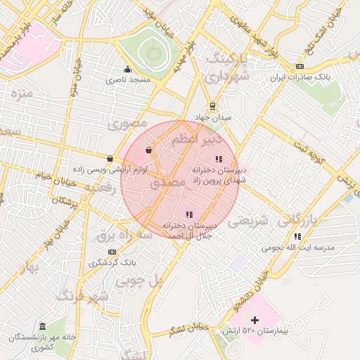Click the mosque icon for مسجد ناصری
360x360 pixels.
pyautogui.click(x=127, y=69)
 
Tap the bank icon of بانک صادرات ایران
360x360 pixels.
pyautogui.click(x=300, y=65)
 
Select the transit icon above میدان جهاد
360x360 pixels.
pyautogui.click(x=212, y=107)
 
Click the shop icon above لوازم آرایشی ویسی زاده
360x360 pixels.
pyautogui.click(x=110, y=159)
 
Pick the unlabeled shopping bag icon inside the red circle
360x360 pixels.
pyautogui.click(x=148, y=150)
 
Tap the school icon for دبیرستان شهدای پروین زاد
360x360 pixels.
pyautogui.click(x=218, y=159)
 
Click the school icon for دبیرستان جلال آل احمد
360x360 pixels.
pyautogui.click(x=188, y=214)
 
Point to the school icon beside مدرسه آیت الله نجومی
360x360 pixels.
pyautogui.click(x=297, y=236)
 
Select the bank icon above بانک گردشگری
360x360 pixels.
pyautogui.click(x=110, y=251)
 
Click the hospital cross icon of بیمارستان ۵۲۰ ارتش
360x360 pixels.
pyautogui.click(x=255, y=320)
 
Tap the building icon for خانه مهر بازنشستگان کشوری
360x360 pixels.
pyautogui.click(x=42, y=327)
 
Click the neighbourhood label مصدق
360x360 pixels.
pyautogui.click(x=168, y=183)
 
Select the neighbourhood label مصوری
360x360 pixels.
pyautogui.click(x=127, y=124)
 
